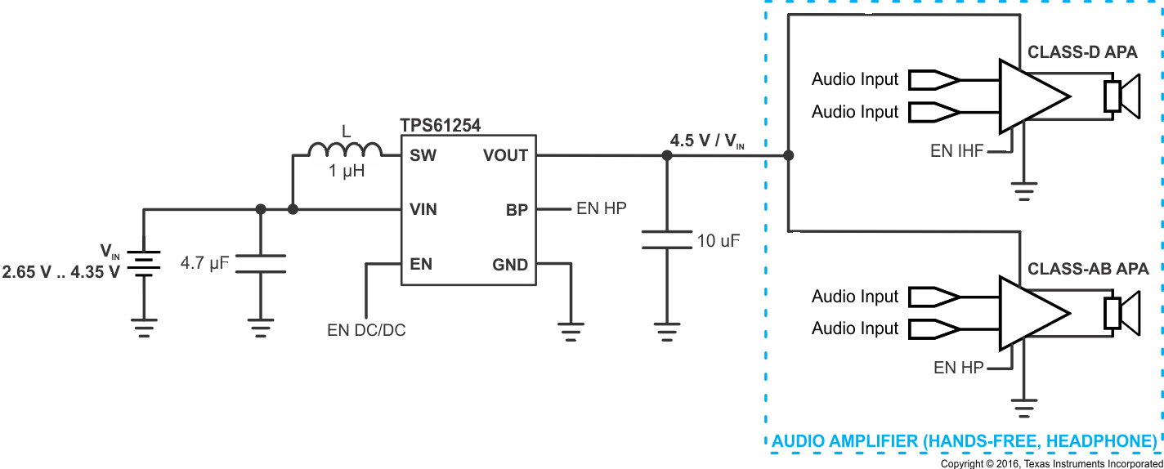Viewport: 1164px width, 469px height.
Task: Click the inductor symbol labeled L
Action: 345,150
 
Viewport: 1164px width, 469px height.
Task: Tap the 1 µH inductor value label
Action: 347,172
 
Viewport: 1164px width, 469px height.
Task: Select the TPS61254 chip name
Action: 440,125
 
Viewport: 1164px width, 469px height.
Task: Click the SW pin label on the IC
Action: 423,155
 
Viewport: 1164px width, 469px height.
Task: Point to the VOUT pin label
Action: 505,155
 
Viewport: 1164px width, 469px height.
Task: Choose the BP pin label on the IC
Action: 517,209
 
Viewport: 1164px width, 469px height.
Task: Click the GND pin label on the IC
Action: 510,265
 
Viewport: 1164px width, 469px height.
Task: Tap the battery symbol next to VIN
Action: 144,264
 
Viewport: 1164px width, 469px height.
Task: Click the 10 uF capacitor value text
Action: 719,241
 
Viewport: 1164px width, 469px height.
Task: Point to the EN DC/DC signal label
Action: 366,330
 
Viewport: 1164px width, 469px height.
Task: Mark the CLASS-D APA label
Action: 1082,53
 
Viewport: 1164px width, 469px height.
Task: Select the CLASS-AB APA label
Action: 1088,269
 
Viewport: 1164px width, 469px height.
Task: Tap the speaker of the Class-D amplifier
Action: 1121,96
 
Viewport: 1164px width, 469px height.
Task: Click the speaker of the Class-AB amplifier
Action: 1121,314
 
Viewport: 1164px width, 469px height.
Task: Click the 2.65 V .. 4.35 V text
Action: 61,272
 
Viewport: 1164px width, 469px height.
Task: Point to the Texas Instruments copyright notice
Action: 1051,463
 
